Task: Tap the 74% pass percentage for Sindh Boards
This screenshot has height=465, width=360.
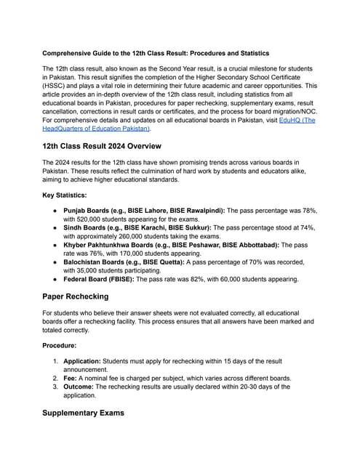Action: click(308, 227)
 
